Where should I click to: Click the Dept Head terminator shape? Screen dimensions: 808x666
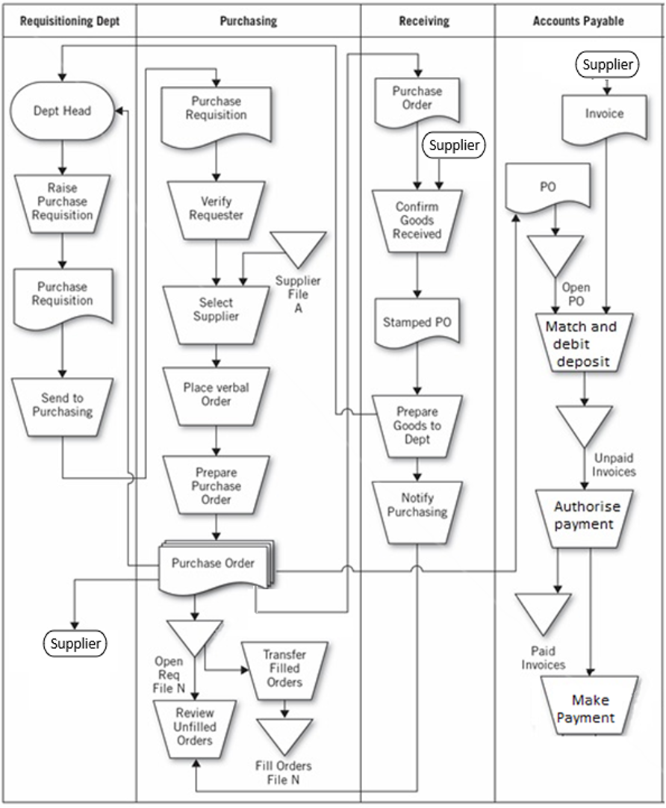[62, 111]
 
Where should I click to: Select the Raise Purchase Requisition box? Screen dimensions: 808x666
[62, 202]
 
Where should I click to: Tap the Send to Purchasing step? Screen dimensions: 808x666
[62, 405]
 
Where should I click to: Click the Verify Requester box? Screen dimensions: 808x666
[217, 208]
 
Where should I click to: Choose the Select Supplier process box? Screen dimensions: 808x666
[217, 309]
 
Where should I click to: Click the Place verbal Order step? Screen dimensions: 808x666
[217, 394]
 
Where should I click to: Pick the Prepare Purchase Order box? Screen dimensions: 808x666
[217, 485]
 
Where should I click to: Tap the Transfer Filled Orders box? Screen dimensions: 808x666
[284, 668]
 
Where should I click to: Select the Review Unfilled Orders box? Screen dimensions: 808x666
[195, 727]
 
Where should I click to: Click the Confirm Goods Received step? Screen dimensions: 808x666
[418, 220]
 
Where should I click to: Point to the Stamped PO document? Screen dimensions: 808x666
[418, 323]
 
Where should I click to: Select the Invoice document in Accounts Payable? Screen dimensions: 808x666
[605, 116]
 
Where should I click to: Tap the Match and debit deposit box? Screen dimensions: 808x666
[584, 344]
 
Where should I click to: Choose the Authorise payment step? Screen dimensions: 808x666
[584, 516]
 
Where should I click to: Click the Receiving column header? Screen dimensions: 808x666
[428, 21]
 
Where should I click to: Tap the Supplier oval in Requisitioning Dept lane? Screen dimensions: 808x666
[75, 643]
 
